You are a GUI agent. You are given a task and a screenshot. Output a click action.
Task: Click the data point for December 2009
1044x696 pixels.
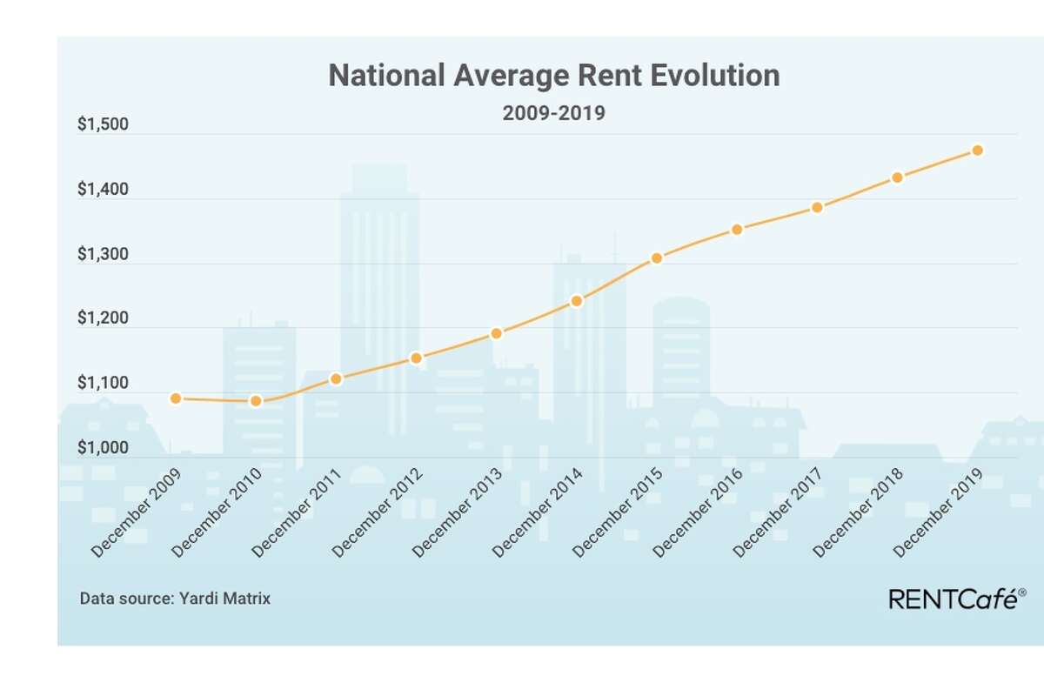[176, 398]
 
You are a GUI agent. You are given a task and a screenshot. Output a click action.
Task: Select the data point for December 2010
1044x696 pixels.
[256, 401]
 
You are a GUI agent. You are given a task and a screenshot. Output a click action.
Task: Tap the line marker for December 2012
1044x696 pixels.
[417, 358]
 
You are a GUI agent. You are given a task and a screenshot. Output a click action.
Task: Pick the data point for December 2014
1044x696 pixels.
[576, 301]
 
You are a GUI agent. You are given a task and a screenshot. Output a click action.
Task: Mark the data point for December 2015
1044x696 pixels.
[657, 258]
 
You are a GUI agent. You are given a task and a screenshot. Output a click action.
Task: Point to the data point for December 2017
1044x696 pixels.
[817, 207]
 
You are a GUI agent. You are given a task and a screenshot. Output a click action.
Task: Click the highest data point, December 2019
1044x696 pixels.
[977, 151]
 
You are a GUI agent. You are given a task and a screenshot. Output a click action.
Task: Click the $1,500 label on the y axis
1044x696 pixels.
[103, 125]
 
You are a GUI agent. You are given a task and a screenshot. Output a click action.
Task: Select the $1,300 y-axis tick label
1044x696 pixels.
[103, 255]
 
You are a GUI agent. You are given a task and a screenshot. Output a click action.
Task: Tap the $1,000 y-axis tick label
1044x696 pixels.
[103, 449]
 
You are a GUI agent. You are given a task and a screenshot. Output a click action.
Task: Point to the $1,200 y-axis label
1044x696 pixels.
[103, 319]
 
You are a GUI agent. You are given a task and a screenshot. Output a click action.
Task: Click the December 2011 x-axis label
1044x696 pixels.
[298, 513]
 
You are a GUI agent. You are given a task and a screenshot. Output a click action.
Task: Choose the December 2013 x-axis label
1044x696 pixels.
[458, 513]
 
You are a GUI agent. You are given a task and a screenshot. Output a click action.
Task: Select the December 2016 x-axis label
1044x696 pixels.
[698, 513]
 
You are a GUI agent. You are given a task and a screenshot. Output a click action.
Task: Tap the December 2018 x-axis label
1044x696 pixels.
[858, 513]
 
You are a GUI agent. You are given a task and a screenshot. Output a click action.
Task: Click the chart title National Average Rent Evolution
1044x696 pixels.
[553, 76]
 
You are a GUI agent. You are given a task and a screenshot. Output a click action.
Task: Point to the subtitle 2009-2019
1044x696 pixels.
[553, 114]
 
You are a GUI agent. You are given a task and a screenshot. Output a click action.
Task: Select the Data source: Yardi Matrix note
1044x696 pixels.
[175, 599]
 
